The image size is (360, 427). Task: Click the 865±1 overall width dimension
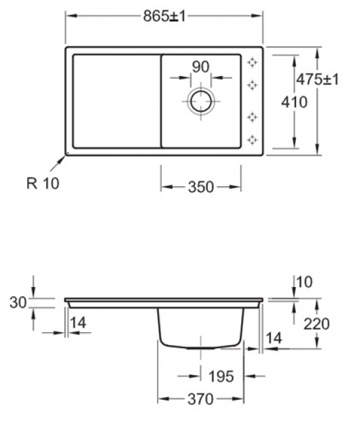[164, 16]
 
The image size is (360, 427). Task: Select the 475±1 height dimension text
[317, 79]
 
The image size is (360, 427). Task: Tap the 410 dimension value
[294, 102]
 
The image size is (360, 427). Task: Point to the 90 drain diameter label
[200, 67]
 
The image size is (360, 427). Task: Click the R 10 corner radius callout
[43, 183]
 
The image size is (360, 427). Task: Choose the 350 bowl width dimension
[201, 187]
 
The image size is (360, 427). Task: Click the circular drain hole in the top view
[201, 101]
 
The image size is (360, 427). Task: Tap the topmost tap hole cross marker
[252, 62]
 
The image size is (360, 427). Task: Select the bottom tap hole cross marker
[252, 139]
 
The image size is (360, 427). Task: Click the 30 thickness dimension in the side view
[18, 302]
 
